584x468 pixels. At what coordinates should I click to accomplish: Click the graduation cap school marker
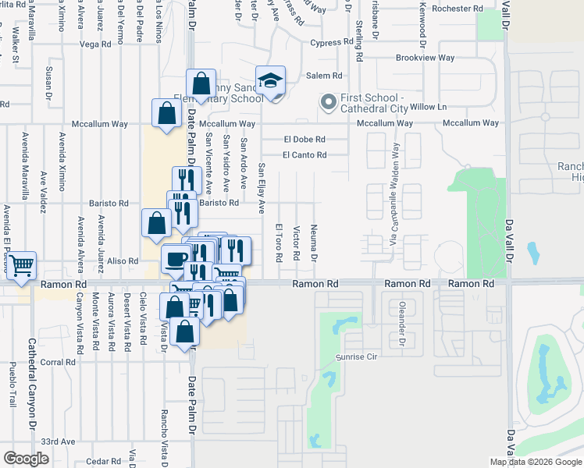tap(271, 81)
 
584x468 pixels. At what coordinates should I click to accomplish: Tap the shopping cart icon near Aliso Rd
tap(21, 264)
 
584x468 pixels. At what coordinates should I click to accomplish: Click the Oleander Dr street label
tap(403, 324)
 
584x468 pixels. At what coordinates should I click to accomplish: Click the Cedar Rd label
tap(104, 461)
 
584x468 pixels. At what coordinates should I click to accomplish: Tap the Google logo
tap(26, 459)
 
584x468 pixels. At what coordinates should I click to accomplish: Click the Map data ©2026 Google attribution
tap(536, 462)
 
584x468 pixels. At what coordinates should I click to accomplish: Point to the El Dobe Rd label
tap(304, 140)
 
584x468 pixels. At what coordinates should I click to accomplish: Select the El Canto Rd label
tap(304, 154)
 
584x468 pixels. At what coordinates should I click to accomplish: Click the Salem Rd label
tap(324, 76)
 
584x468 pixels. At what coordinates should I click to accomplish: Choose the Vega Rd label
tap(95, 44)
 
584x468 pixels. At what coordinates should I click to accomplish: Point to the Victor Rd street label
tap(297, 243)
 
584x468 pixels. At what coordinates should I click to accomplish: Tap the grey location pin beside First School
tap(328, 101)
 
